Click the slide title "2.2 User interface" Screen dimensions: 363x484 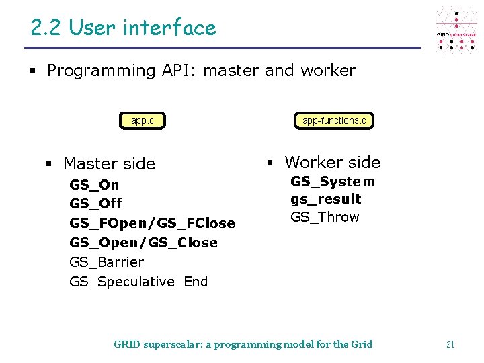tap(123, 28)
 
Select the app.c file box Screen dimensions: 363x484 tap(143, 121)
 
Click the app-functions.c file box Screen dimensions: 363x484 tap(334, 121)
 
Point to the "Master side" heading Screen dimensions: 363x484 tap(109, 164)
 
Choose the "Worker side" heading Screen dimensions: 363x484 tap(332, 163)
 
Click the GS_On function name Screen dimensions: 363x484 tap(94, 185)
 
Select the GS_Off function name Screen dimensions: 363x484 tap(95, 204)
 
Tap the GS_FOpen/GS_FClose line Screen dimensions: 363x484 tap(152, 223)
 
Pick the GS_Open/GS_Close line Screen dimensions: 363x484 tap(143, 243)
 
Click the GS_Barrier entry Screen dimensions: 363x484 tap(106, 262)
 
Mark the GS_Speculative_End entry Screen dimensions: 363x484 tap(138, 282)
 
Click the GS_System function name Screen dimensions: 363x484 tap(333, 182)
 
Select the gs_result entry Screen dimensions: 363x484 tap(325, 200)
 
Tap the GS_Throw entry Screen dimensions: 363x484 tap(325, 217)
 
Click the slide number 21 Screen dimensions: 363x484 tap(450, 344)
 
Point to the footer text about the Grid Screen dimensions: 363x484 tap(243, 344)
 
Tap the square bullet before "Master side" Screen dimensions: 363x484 tap(49, 164)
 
